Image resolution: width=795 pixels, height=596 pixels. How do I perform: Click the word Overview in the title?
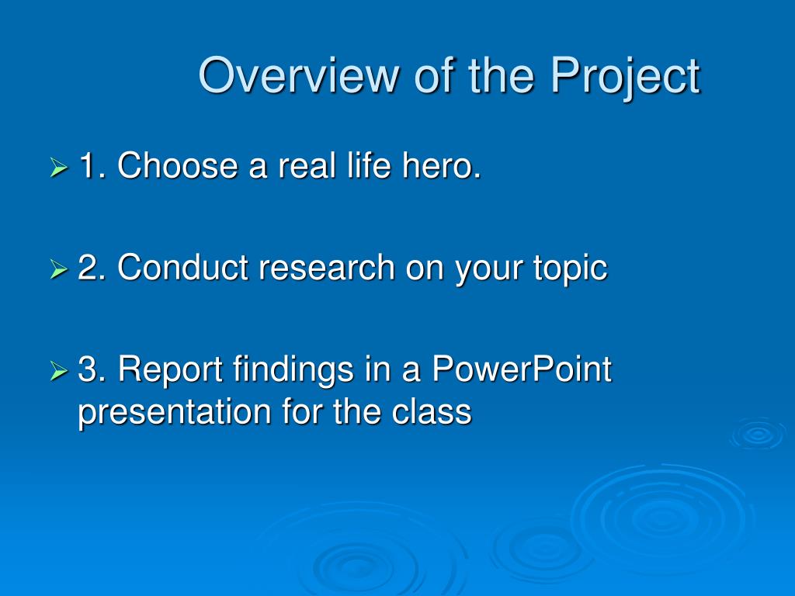tap(299, 75)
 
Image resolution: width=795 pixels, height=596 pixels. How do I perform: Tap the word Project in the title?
tap(626, 76)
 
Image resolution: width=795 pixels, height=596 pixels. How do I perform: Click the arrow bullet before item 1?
tap(59, 167)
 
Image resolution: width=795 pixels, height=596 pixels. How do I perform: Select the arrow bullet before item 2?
tap(59, 269)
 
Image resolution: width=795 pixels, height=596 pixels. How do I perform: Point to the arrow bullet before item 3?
tap(59, 370)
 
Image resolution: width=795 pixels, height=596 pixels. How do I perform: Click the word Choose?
tap(178, 165)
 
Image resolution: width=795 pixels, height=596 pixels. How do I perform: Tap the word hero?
tap(441, 165)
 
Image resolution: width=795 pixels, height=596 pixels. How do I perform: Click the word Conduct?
tap(182, 267)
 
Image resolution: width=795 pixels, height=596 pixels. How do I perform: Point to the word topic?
tap(571, 269)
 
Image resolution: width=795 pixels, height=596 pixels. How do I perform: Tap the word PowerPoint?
tap(522, 369)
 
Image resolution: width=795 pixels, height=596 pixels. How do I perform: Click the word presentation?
tap(174, 412)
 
